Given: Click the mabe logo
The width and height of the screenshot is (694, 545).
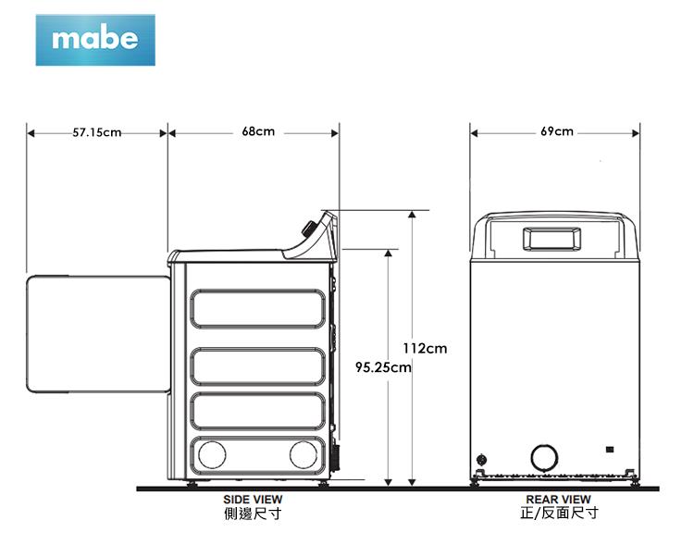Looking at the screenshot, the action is (95, 40).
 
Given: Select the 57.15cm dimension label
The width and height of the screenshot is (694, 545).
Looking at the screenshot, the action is (97, 132).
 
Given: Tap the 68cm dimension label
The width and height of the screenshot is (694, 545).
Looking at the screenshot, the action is (258, 131).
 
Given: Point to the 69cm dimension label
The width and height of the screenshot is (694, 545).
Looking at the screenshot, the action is (557, 131).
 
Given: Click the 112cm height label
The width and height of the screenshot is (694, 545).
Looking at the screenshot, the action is (425, 349).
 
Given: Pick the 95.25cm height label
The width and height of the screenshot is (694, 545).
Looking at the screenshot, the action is (383, 367).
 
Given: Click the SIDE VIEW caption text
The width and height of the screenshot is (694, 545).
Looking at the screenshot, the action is (253, 500).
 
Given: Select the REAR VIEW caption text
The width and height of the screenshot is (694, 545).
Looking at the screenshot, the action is (558, 500).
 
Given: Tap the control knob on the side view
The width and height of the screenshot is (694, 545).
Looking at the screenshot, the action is (308, 229).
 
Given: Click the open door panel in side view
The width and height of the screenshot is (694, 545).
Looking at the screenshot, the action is (98, 334).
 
